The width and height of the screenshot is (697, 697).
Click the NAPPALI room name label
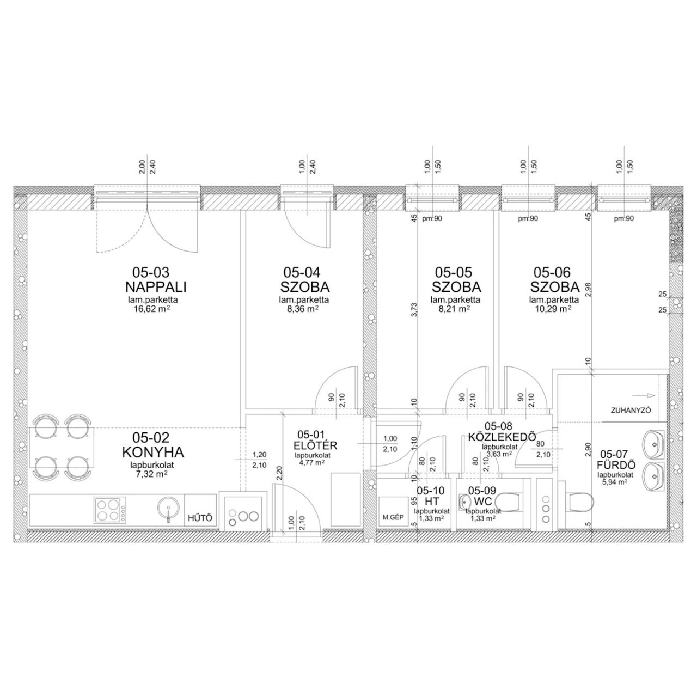coord(156,287)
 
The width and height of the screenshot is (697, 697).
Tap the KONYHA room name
coord(153,452)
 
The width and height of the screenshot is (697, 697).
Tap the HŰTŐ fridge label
coord(200,518)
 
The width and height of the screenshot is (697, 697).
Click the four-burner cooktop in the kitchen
coord(111,510)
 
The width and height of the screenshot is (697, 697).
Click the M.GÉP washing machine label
coord(393,518)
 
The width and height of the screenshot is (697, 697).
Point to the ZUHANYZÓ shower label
coord(631,411)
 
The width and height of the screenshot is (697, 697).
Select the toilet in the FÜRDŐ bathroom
coord(581,502)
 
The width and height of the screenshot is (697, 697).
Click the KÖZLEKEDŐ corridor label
coord(502,437)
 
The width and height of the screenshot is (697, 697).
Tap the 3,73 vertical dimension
coord(414,310)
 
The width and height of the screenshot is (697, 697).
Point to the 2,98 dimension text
coord(588,289)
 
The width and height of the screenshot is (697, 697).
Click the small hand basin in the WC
coord(464,502)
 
